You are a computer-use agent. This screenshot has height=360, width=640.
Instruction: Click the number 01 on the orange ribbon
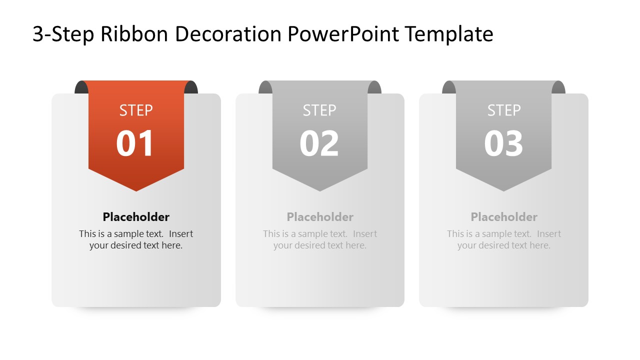[135, 144]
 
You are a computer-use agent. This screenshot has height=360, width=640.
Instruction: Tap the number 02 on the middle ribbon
[319, 144]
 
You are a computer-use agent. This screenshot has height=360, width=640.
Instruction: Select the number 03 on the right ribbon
[503, 144]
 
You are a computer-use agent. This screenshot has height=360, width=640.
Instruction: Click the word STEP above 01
[136, 110]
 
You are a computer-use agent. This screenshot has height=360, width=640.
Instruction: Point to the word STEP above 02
[319, 110]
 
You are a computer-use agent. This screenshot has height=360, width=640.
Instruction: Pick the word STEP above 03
[503, 110]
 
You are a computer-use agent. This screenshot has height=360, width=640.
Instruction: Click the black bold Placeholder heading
[136, 216]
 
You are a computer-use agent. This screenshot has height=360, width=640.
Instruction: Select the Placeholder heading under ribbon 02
[320, 216]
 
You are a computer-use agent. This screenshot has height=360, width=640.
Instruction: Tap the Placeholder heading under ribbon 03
[504, 216]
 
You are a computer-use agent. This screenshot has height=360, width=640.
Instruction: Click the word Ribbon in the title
[134, 34]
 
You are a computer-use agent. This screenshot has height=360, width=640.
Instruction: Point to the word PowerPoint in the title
[343, 34]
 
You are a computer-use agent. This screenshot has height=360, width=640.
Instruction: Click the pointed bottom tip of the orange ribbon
[136, 188]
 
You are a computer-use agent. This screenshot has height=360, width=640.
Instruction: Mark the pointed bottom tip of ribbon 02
[320, 188]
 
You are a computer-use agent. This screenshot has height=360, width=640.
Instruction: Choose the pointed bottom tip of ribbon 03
[503, 188]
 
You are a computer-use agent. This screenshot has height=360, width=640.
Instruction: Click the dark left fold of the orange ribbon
[80, 87]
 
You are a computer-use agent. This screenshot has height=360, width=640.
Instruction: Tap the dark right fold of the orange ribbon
[191, 87]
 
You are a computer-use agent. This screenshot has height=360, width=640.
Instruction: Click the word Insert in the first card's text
[181, 233]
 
